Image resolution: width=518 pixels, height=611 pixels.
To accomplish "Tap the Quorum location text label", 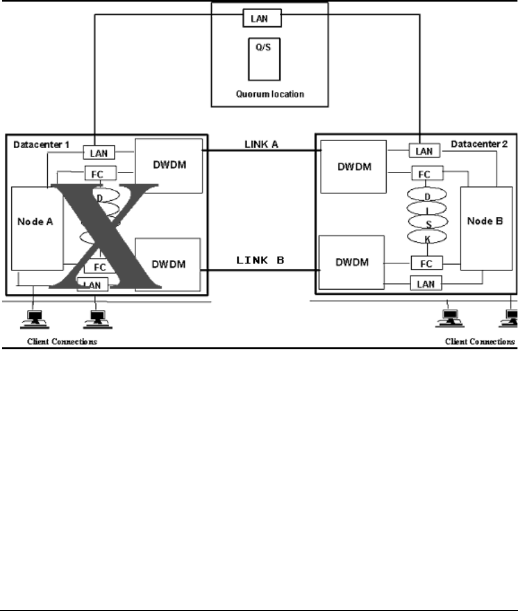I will [262, 94].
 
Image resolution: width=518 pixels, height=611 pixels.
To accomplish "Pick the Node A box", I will [38, 229].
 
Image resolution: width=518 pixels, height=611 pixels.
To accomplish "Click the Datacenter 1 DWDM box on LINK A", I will [169, 165].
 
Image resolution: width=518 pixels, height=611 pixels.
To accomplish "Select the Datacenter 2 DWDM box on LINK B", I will [351, 263].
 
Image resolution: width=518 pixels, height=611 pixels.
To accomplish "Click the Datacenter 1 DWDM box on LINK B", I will [168, 263].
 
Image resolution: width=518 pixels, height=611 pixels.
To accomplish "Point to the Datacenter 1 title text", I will [39, 145].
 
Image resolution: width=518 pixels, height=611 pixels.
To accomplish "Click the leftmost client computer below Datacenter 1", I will [33, 320].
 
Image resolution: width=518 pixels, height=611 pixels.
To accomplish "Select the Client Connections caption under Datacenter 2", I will [480, 342].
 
